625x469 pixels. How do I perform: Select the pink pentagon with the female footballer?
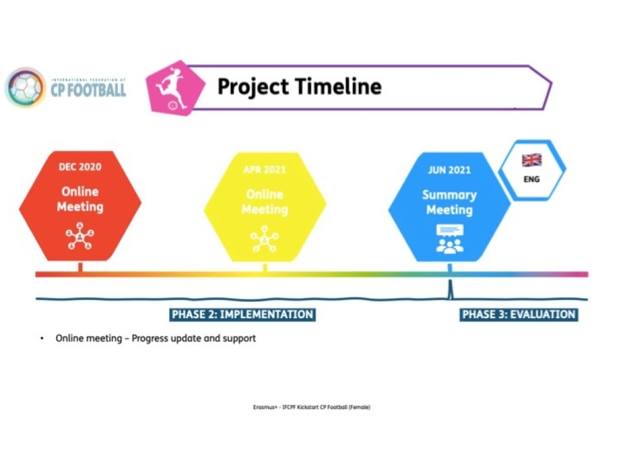(x=175, y=88)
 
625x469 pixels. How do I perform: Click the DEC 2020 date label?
(x=80, y=167)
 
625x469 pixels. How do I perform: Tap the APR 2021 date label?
(x=265, y=170)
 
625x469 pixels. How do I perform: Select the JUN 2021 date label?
(x=449, y=170)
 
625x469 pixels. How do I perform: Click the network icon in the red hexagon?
(x=80, y=236)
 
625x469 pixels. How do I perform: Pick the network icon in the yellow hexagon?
(x=265, y=239)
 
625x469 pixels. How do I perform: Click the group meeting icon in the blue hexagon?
(x=450, y=239)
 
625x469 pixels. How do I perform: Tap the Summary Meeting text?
(x=450, y=202)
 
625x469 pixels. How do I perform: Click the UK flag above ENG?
(x=532, y=160)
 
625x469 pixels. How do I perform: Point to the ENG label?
(x=532, y=180)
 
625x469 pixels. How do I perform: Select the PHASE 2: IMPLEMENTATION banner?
(x=242, y=314)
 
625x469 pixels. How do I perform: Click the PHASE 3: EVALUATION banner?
(x=519, y=314)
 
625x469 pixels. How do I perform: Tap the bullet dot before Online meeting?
(x=42, y=338)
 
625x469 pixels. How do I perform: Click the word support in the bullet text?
(x=239, y=339)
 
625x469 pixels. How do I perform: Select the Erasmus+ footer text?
(x=312, y=407)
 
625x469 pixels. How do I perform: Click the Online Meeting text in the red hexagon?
(x=80, y=199)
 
